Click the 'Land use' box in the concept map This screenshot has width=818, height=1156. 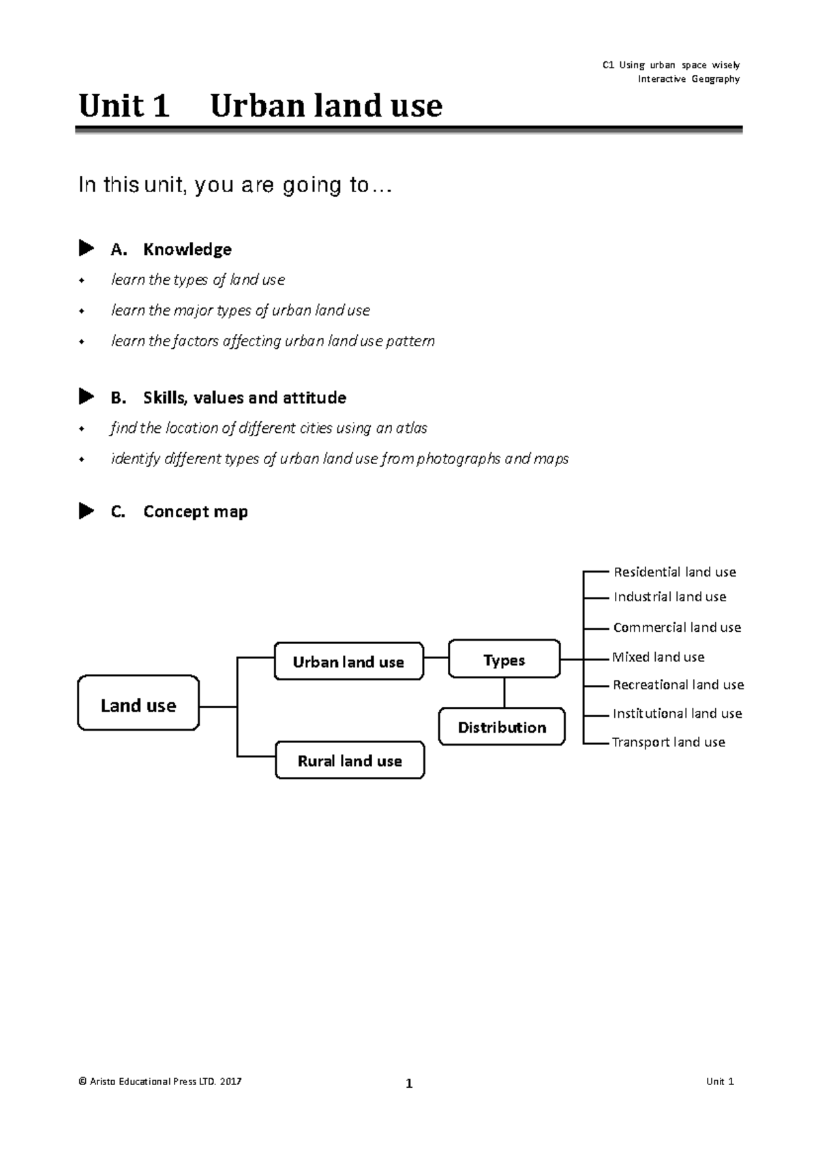(x=138, y=702)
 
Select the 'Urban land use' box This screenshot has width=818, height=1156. (x=349, y=661)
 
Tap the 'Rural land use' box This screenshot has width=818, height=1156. (x=350, y=760)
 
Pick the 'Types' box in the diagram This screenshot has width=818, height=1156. (x=504, y=658)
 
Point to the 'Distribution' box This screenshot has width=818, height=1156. (x=502, y=727)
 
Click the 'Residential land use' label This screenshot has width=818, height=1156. (x=675, y=572)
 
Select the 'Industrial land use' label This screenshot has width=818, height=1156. (x=670, y=596)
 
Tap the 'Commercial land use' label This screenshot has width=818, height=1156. (x=677, y=627)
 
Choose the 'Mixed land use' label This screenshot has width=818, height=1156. (x=658, y=657)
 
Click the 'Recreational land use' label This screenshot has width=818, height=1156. (x=678, y=685)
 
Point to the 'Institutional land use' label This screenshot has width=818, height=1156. (x=677, y=713)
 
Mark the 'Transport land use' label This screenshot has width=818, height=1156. (x=668, y=742)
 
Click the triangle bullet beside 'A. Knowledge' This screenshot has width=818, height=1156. (x=86, y=248)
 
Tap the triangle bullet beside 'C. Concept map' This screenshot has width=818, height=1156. (x=86, y=511)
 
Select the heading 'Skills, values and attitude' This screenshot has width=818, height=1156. (x=245, y=398)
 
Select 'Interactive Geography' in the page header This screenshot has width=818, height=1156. (x=689, y=79)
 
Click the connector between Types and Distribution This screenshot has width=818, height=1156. (x=504, y=693)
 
